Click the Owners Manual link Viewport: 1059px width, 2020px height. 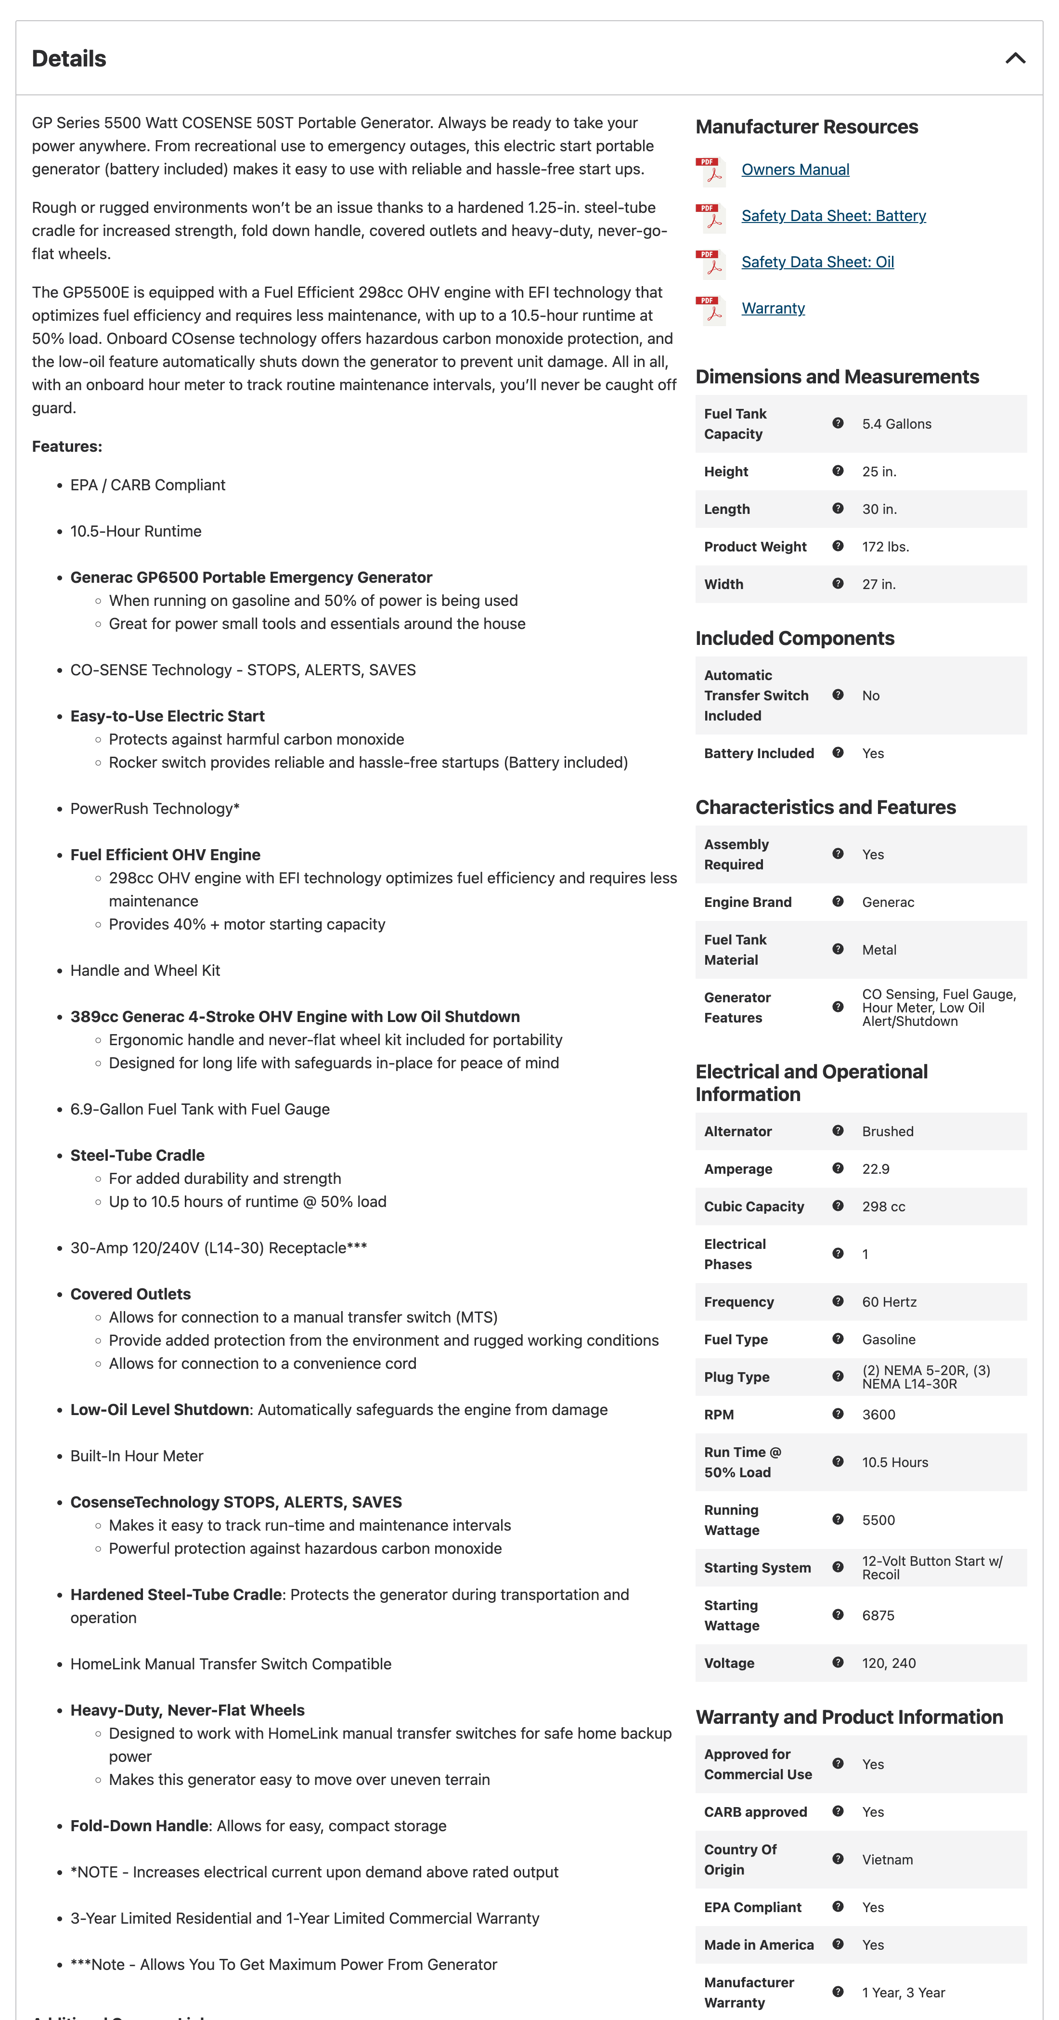[795, 170]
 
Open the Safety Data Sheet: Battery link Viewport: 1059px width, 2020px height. [833, 216]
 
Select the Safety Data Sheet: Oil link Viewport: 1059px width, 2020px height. [817, 262]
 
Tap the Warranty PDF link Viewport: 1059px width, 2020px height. [773, 308]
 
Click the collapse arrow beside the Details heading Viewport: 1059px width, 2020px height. [1015, 58]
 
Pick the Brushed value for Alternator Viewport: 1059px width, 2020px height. [887, 1131]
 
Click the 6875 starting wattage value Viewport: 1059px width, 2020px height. [878, 1615]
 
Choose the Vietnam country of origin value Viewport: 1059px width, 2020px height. [887, 1859]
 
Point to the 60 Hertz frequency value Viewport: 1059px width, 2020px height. [889, 1302]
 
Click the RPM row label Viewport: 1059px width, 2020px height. [719, 1415]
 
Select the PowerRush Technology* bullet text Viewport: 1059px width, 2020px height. [155, 809]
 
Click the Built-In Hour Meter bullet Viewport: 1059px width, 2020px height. [136, 1456]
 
